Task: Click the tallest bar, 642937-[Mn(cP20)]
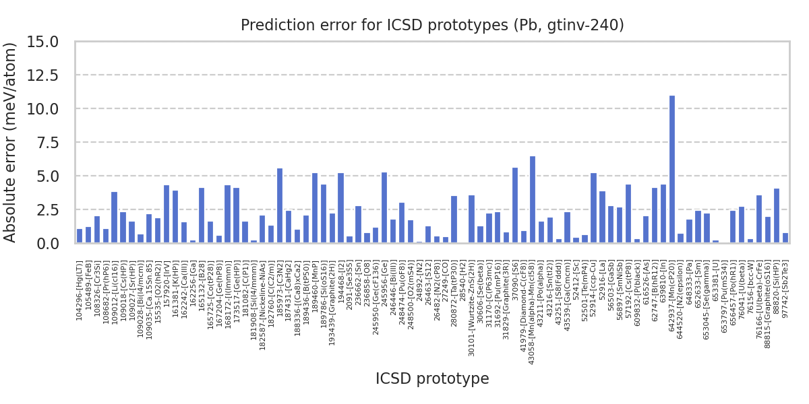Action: click(671, 169)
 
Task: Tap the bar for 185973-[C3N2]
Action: click(280, 205)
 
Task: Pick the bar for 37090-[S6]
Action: click(515, 205)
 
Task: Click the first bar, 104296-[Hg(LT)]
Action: click(80, 236)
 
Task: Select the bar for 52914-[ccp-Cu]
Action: click(593, 208)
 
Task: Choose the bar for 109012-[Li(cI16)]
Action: click(115, 217)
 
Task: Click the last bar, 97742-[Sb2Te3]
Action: click(785, 238)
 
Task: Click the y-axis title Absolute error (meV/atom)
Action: click(11, 142)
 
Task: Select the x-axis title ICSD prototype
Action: click(432, 379)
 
